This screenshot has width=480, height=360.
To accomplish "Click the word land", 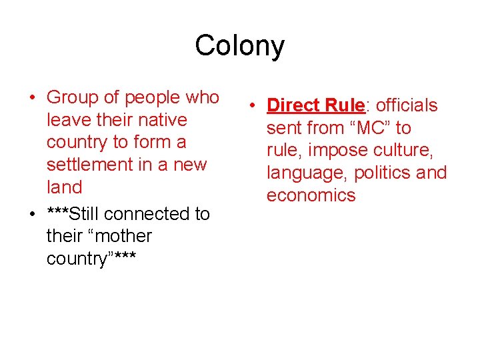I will click(x=64, y=187).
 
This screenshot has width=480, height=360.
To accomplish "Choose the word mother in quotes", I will click(x=125, y=236).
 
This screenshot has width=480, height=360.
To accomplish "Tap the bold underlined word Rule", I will click(x=344, y=105).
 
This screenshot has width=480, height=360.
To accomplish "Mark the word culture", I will click(x=406, y=151).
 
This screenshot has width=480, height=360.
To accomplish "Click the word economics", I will click(x=311, y=195).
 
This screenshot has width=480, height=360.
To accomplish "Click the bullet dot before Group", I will click(x=33, y=99).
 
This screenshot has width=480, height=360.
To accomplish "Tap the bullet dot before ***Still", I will click(x=33, y=215).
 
